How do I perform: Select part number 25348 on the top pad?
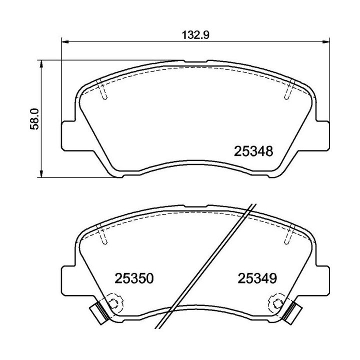pyautogui.click(x=253, y=150)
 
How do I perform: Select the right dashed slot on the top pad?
pyautogui.click(x=288, y=90)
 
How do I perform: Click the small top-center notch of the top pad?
pyautogui.click(x=195, y=62)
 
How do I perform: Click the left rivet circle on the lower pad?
pyautogui.click(x=114, y=302)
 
